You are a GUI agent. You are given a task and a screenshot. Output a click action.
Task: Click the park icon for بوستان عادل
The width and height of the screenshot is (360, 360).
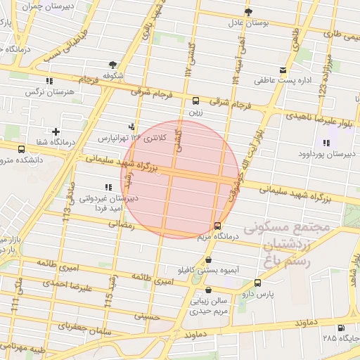[x=248, y=12]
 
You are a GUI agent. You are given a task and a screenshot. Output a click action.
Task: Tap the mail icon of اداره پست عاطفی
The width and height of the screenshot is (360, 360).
[x=283, y=70]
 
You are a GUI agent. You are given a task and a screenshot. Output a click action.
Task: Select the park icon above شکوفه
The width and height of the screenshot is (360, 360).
[x=113, y=64]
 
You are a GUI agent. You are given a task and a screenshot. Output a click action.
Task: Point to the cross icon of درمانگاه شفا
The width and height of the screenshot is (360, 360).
[x=56, y=131]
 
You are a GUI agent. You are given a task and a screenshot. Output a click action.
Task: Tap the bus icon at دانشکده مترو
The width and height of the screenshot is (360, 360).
[x=21, y=149]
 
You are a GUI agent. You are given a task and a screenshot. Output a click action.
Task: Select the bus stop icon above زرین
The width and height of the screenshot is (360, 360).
[x=195, y=101]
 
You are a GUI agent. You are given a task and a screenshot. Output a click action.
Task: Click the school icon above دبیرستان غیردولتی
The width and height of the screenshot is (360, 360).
[x=108, y=187]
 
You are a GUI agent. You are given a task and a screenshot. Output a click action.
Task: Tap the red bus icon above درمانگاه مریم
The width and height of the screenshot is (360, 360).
[x=217, y=226]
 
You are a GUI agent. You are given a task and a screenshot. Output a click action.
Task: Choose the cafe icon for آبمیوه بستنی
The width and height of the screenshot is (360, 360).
[x=207, y=259]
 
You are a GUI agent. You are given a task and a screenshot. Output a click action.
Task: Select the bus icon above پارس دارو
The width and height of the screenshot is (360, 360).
[x=257, y=283]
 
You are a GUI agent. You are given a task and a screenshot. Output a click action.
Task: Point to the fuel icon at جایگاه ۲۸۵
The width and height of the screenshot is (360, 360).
[x=341, y=328]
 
